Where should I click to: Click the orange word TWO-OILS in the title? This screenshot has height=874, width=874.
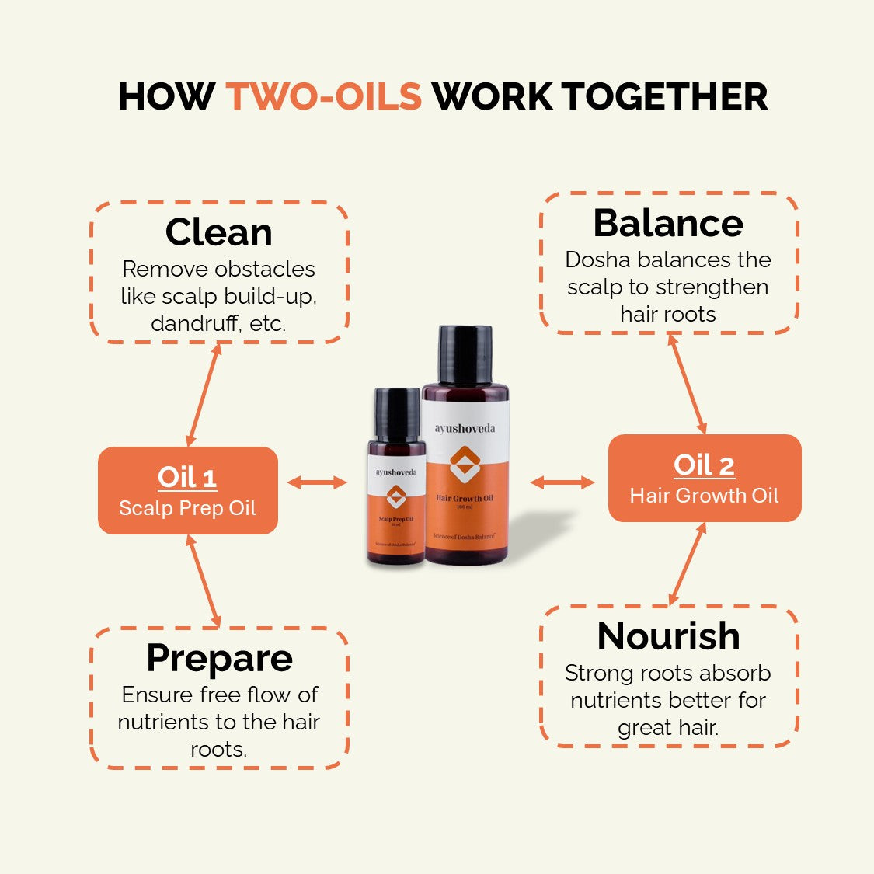(x=324, y=97)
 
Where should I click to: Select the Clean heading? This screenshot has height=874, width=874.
(x=219, y=232)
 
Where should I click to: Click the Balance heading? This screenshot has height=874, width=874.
(x=668, y=223)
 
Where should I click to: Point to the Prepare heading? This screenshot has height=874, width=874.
(x=219, y=658)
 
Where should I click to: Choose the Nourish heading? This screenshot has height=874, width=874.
(x=668, y=635)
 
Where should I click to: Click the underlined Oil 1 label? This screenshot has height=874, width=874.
(x=187, y=477)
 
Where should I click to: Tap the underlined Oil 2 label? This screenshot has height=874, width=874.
(x=704, y=465)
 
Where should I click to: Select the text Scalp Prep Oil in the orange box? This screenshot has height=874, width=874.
(x=187, y=508)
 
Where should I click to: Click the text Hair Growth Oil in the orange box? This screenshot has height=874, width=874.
(x=704, y=496)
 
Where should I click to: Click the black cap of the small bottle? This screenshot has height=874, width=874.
(x=397, y=413)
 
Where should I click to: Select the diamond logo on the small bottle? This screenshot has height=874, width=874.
(x=396, y=496)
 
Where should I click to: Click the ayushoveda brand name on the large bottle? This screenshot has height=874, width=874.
(x=465, y=428)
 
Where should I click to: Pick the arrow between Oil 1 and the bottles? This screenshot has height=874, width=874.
(x=317, y=482)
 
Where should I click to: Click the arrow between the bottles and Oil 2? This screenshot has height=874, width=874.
(x=562, y=482)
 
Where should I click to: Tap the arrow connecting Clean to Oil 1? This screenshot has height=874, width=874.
(x=204, y=395)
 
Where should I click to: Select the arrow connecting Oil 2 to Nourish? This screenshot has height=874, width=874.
(x=688, y=563)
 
